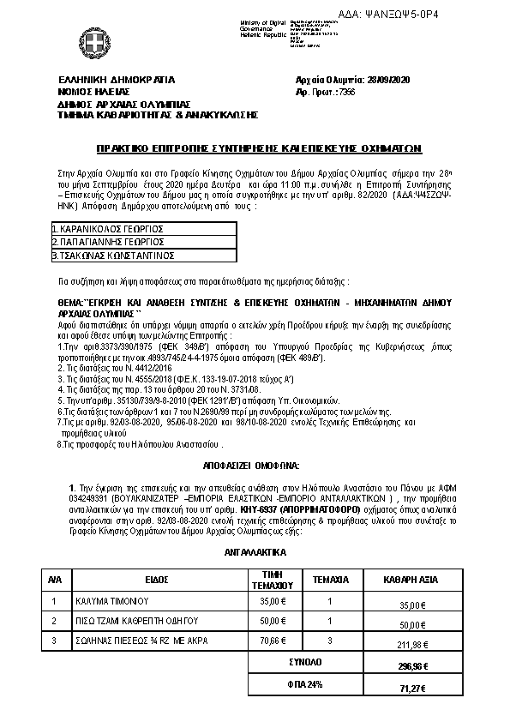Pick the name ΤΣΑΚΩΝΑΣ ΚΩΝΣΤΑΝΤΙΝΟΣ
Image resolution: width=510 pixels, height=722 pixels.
(114, 255)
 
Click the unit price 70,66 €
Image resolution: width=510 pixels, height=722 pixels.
(271, 639)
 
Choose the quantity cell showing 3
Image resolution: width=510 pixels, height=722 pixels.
(330, 639)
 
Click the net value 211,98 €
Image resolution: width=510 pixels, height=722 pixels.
(414, 645)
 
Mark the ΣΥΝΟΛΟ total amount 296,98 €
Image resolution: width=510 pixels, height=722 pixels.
(414, 666)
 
